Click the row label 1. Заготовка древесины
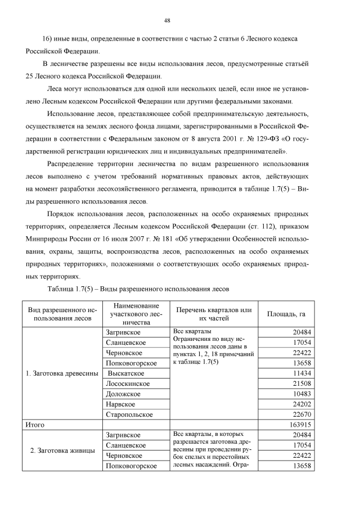pos(60,373)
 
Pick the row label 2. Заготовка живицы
pos(60,456)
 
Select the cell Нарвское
pos(120,404)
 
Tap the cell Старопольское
pos(129,415)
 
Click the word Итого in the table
pos(33,425)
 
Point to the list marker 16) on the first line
pos(48,38)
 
